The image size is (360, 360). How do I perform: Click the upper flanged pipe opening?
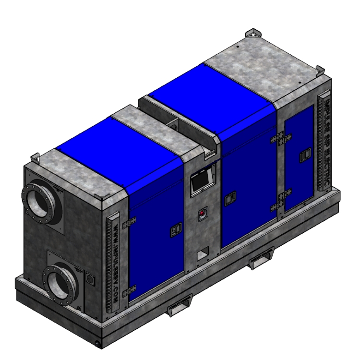[x=40, y=202]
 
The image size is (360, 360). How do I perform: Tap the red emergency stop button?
[x=203, y=214]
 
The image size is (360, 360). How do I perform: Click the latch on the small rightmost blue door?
[x=303, y=156]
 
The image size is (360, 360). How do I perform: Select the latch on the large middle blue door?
[x=230, y=196]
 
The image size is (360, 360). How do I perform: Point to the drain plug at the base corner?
[x=99, y=344]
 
